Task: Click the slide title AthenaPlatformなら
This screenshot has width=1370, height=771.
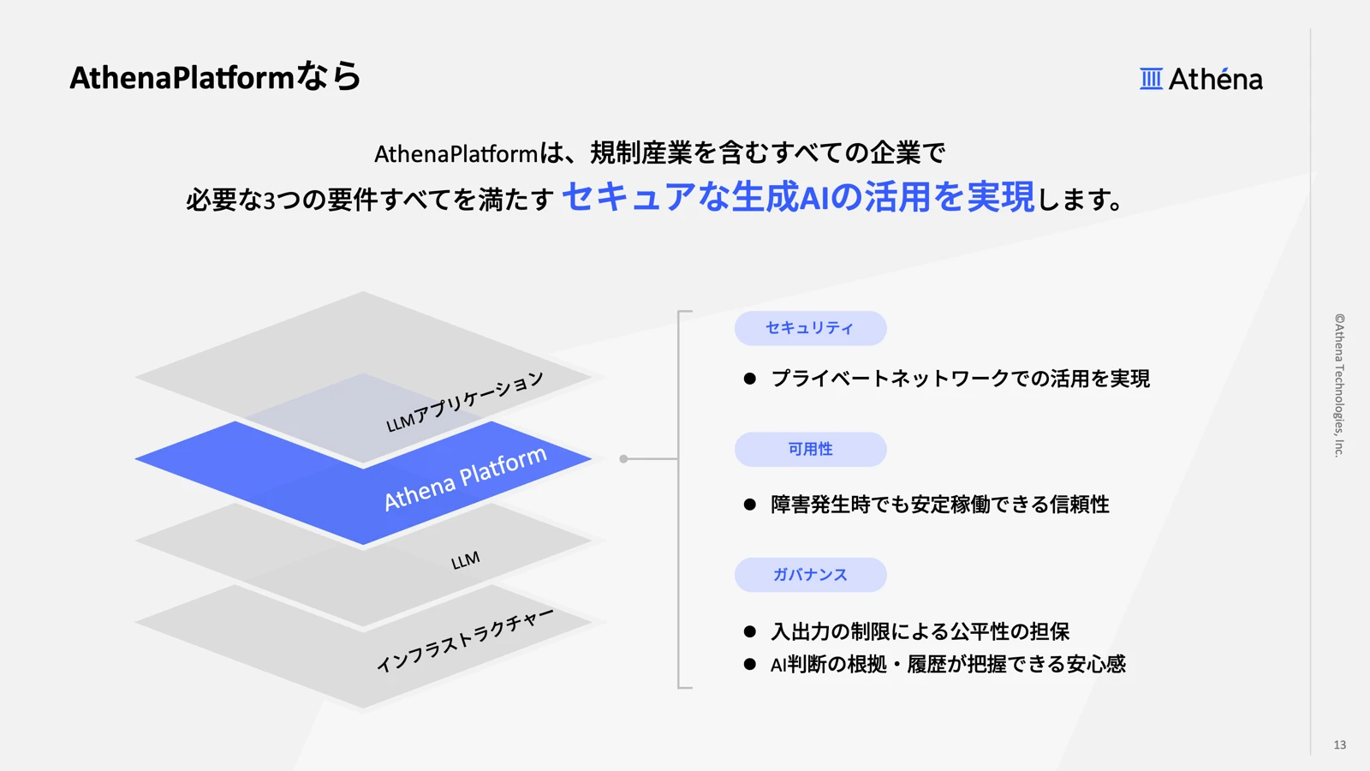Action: pos(215,77)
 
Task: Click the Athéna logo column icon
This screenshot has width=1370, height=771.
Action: pos(1151,79)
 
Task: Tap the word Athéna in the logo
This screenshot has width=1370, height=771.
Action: pos(1215,79)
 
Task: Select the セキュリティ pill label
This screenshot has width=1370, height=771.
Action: pos(810,328)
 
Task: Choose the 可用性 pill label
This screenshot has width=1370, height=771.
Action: pos(810,449)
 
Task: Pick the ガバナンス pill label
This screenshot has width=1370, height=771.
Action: pos(810,575)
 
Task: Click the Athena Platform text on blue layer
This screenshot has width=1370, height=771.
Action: pos(464,479)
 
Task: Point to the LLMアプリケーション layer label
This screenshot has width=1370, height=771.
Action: pos(464,401)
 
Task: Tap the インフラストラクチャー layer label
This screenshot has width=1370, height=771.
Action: pos(464,640)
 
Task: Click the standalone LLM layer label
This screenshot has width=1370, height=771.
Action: pos(465,561)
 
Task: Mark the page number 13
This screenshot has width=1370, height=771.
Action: pos(1339,744)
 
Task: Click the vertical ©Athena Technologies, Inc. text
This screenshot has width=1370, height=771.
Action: pos(1339,385)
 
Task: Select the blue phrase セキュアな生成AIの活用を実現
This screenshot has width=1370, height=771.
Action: pos(798,197)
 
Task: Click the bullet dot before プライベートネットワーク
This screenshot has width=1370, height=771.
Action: pos(750,379)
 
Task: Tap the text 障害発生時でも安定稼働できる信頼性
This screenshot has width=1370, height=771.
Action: pos(939,505)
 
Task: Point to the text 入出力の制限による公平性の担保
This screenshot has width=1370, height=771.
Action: pos(920,631)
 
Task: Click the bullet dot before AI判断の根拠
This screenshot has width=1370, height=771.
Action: pos(750,664)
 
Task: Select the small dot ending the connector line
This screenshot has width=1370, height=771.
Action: pos(623,459)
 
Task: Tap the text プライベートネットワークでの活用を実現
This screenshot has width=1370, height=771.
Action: pos(960,379)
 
